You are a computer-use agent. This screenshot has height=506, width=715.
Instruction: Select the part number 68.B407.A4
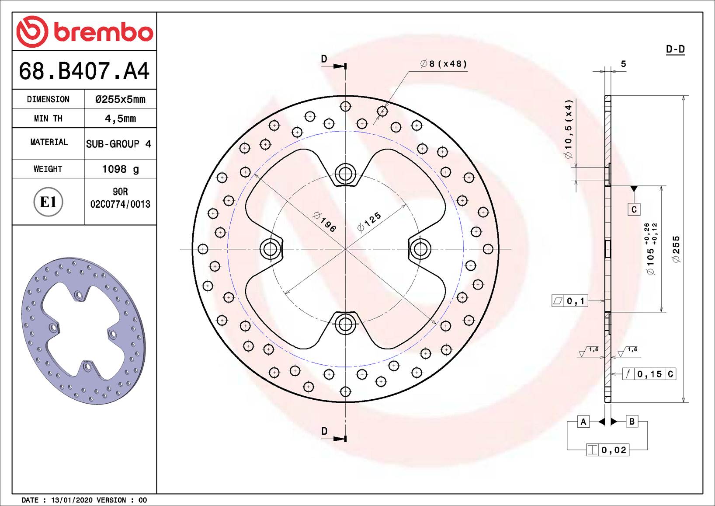point(84,70)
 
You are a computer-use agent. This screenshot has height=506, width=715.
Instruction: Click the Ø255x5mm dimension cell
point(120,99)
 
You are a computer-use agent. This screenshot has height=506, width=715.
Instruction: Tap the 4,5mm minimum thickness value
point(120,119)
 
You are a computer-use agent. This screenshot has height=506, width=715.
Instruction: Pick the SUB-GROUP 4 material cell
point(118,144)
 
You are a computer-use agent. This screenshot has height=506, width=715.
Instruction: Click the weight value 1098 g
point(120,169)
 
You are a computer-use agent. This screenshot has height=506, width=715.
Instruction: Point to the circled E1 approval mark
point(48,202)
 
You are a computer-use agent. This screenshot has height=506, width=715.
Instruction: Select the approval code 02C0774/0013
point(120,204)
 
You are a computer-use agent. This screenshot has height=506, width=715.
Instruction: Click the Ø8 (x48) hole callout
point(444,64)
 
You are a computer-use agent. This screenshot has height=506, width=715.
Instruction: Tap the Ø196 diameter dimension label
point(325,222)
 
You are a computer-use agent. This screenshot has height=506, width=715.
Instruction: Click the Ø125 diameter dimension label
point(369,222)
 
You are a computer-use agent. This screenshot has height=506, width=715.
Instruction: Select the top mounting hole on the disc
point(345,174)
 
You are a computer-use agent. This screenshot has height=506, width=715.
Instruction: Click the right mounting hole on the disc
point(420,249)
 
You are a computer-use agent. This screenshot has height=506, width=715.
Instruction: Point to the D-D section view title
point(675,49)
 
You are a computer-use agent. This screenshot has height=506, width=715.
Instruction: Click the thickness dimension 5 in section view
point(623,64)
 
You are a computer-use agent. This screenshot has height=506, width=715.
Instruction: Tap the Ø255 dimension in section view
point(677,249)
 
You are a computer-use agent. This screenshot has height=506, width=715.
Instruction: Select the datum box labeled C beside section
point(634,209)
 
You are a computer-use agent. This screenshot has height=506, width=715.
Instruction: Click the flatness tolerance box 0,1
point(570,301)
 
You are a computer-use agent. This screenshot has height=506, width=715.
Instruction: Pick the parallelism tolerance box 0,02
point(607,450)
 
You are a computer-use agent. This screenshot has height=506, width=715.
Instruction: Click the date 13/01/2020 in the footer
point(72,500)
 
